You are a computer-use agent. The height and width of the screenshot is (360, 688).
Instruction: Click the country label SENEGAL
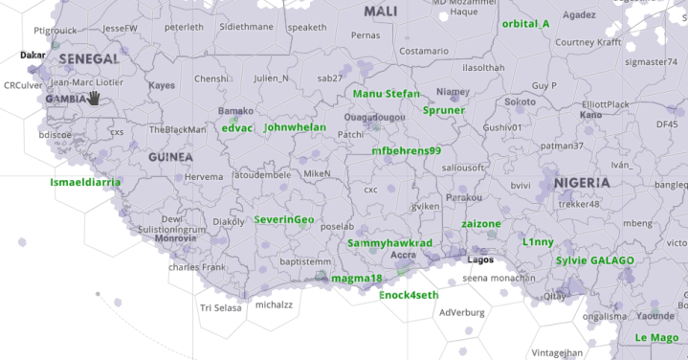click(x=89, y=59)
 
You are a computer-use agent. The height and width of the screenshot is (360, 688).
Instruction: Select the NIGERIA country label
click(x=581, y=182)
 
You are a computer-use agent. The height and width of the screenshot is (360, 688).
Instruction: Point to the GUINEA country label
click(x=170, y=157)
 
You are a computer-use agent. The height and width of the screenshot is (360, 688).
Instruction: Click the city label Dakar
click(x=33, y=56)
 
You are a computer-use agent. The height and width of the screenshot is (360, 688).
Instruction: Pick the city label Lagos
click(x=480, y=259)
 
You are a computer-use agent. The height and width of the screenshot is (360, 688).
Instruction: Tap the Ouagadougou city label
click(x=373, y=117)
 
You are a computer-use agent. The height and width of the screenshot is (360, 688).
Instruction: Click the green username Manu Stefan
click(x=386, y=94)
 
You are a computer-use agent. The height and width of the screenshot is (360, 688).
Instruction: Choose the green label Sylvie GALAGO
click(x=595, y=260)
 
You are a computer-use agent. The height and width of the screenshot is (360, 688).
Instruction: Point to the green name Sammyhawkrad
click(x=389, y=243)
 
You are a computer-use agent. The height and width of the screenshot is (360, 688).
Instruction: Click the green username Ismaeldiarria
click(x=85, y=181)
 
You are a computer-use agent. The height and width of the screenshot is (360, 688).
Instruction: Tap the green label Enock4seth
click(x=409, y=295)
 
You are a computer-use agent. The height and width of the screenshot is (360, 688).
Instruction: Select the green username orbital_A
click(x=525, y=23)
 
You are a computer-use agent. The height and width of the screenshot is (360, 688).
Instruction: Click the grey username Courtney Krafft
click(x=589, y=42)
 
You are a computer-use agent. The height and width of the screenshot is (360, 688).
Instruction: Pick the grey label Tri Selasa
click(x=220, y=307)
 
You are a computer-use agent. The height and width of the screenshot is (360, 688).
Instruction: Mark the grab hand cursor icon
click(x=94, y=98)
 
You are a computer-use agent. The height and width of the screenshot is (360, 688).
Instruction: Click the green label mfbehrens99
click(x=406, y=150)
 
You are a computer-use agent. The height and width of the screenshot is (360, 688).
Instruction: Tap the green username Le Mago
click(x=656, y=337)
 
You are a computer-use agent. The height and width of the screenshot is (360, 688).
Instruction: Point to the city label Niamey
click(x=449, y=92)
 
